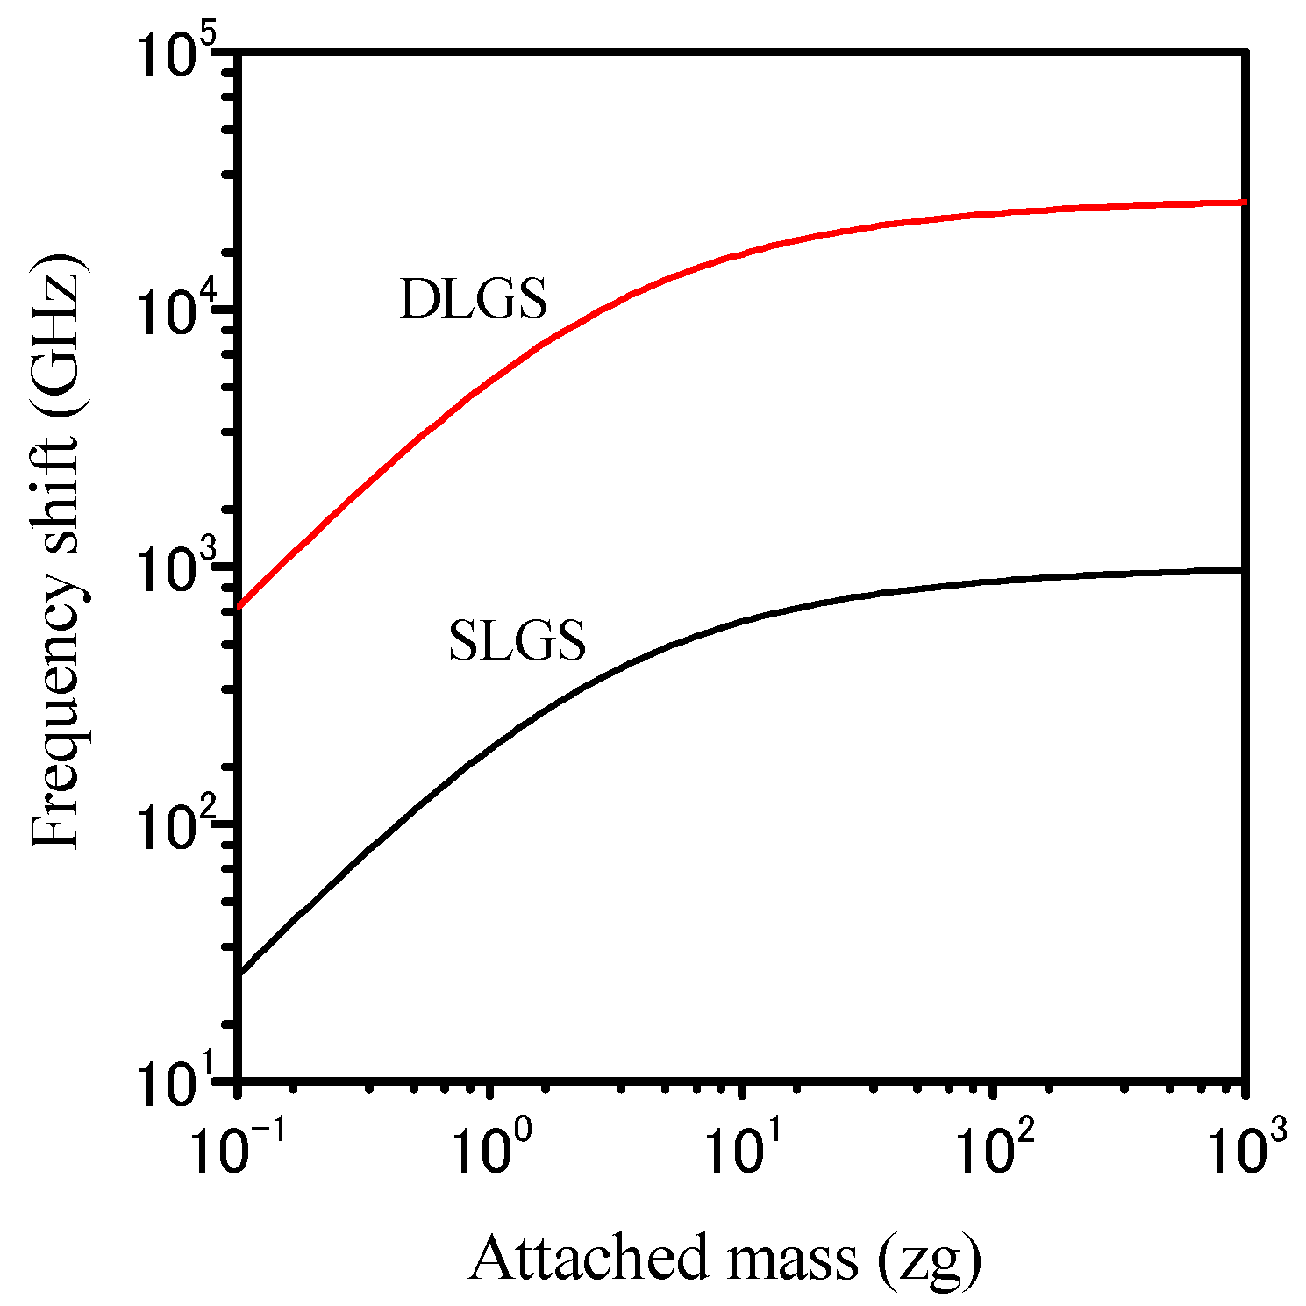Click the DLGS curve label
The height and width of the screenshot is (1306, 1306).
(x=473, y=299)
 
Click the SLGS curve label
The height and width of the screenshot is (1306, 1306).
(x=517, y=640)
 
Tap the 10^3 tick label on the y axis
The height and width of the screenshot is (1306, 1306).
(x=179, y=572)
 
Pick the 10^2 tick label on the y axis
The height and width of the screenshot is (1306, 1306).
(x=179, y=828)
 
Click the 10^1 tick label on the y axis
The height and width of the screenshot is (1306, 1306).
(x=179, y=1084)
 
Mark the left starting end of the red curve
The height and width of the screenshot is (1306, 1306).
(x=239, y=606)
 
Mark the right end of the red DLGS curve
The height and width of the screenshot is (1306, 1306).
(x=1244, y=203)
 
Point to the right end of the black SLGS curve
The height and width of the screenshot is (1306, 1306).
(x=1244, y=570)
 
